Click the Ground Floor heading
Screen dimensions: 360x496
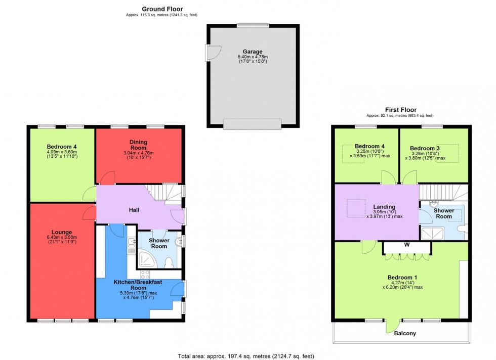coord(162,9)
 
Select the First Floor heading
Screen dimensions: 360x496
coord(400,110)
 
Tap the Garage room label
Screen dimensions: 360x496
coord(253,52)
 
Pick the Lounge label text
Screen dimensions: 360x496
coord(61,232)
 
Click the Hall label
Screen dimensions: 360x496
coord(134,210)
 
